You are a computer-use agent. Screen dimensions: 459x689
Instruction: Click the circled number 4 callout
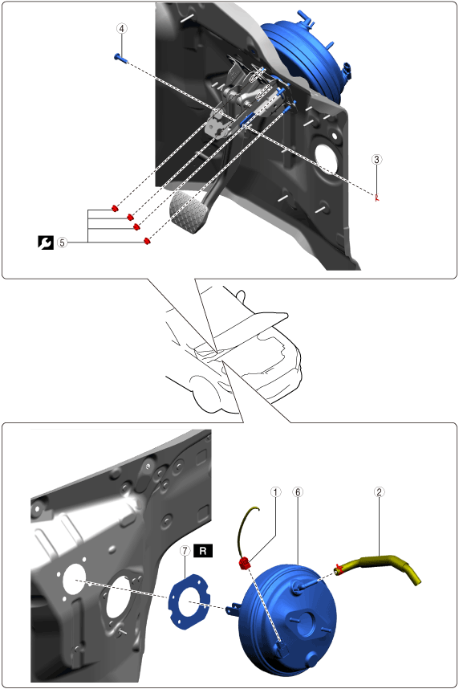click(122, 29)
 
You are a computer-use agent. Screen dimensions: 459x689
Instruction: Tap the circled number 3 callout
click(376, 159)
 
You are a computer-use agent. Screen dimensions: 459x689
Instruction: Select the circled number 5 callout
click(63, 243)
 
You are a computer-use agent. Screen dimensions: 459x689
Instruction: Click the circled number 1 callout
click(275, 491)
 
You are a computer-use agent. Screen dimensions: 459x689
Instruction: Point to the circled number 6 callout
click(298, 491)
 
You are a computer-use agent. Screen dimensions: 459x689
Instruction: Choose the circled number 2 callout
click(379, 491)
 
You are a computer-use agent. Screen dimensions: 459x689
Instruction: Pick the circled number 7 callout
click(185, 551)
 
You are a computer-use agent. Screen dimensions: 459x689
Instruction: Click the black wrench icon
click(46, 243)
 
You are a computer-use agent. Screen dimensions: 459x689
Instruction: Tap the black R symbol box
click(203, 551)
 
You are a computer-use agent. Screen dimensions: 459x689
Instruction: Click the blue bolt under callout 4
click(120, 57)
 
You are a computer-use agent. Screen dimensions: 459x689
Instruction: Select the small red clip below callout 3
click(376, 198)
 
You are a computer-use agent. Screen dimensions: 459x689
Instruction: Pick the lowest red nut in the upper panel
click(147, 240)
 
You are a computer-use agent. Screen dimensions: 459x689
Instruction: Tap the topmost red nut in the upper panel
click(115, 207)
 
